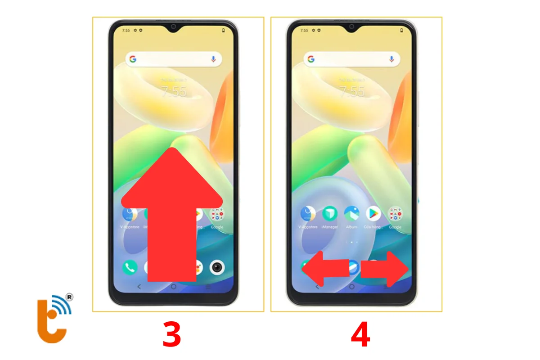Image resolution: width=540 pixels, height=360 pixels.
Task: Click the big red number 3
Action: [x=171, y=335]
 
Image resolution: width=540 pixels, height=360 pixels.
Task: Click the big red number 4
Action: [x=360, y=335]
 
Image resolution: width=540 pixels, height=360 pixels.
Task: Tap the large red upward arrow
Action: [x=172, y=216]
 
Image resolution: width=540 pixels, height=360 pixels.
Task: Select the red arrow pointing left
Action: [x=325, y=269]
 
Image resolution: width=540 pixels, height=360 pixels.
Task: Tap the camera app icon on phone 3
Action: [x=217, y=267]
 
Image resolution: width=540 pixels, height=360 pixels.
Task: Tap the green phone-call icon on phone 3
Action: [x=130, y=267]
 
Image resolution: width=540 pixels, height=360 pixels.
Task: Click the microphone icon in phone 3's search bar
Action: [x=213, y=59]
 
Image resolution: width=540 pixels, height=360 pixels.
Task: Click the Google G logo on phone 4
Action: [x=310, y=59]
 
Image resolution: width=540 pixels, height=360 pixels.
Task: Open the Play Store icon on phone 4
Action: [x=373, y=213]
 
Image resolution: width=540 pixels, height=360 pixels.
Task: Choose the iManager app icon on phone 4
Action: [x=329, y=213]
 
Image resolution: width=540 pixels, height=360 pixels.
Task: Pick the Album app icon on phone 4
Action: [x=351, y=213]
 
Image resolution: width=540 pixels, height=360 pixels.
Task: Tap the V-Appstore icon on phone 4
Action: [x=308, y=213]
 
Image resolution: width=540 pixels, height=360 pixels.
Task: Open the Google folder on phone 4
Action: [x=395, y=213]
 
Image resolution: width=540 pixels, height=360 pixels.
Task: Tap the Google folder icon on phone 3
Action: [x=217, y=213]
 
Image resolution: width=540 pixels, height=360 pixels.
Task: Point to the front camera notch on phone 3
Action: [x=173, y=27]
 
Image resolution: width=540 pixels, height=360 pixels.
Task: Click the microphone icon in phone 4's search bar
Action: [x=391, y=59]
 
